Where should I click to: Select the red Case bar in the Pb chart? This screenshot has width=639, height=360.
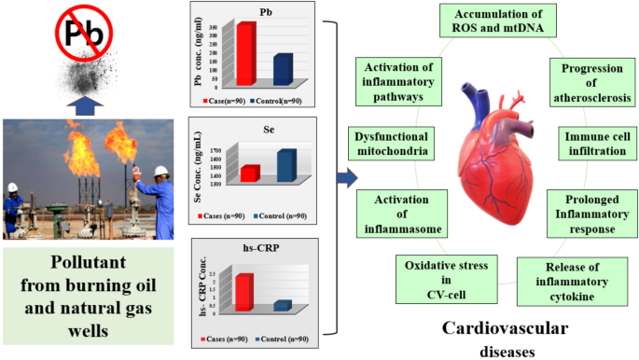(245, 54)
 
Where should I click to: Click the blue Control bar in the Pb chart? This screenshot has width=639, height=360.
(283, 71)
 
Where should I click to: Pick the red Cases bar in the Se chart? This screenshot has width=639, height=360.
(250, 173)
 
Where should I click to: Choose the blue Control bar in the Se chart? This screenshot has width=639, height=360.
(286, 166)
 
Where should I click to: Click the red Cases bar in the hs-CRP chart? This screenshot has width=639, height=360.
(243, 291)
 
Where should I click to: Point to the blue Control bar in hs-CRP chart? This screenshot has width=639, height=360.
(282, 306)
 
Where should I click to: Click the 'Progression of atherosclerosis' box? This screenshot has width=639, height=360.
(590, 84)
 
